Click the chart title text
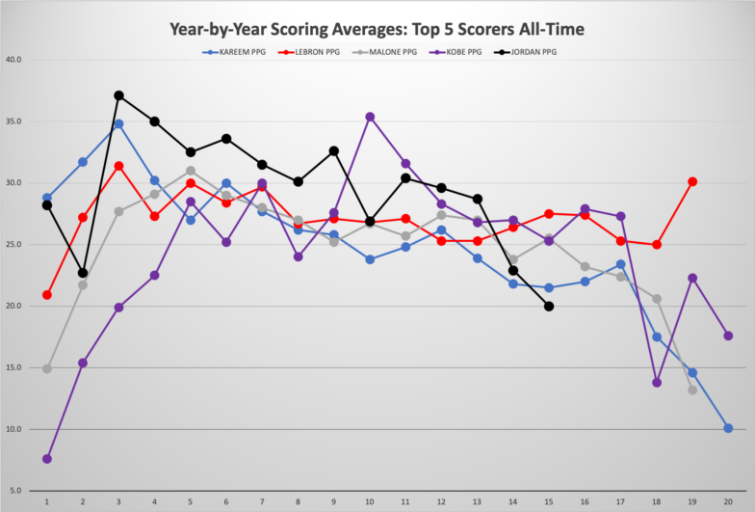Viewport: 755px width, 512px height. click(x=377, y=30)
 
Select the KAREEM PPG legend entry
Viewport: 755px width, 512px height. click(x=240, y=52)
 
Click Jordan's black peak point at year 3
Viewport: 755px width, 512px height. click(x=118, y=95)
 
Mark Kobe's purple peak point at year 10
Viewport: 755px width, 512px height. click(x=370, y=117)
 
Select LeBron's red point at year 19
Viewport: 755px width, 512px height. click(x=692, y=181)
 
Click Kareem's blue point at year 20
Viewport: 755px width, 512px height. click(x=728, y=428)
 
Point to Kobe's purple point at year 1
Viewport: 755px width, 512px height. click(x=47, y=459)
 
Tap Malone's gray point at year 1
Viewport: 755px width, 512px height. click(x=47, y=368)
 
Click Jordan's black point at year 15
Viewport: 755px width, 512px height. click(x=549, y=307)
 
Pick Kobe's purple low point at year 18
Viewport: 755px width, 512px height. click(x=657, y=383)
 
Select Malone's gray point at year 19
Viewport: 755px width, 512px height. click(x=692, y=390)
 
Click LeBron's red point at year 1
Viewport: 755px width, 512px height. click(x=47, y=295)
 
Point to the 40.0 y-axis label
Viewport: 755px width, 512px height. click(x=15, y=60)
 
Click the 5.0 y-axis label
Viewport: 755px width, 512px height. click(x=17, y=491)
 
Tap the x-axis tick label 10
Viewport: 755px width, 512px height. click(x=370, y=502)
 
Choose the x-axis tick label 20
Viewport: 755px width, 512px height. click(x=728, y=502)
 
